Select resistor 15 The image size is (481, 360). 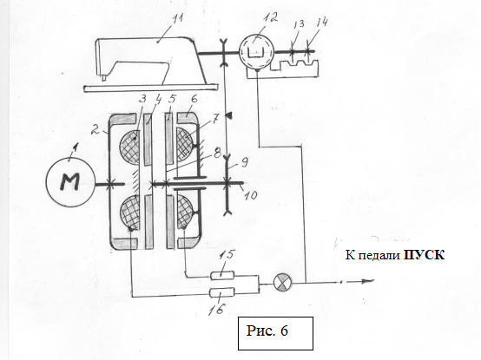click(222, 276)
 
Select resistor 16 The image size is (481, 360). click(222, 292)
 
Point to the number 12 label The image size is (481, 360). click(270, 18)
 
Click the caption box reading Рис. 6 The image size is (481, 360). click(275, 333)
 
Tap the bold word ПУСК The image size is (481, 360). click(424, 255)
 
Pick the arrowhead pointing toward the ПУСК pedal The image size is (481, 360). click(368, 281)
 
